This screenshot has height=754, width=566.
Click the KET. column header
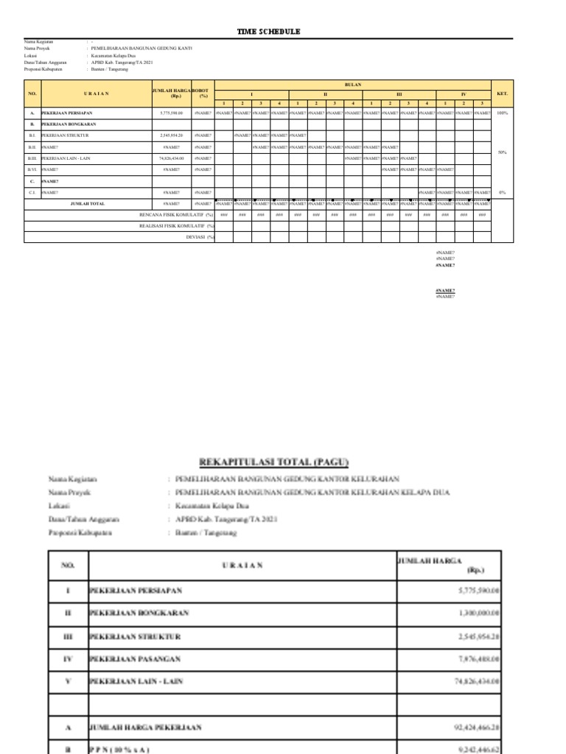(x=502, y=94)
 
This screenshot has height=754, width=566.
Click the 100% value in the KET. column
(x=502, y=113)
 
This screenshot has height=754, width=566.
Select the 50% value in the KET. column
(x=502, y=152)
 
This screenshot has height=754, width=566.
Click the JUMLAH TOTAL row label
(x=87, y=203)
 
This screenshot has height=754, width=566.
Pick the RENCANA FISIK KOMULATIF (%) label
(x=176, y=214)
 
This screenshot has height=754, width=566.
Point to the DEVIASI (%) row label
(x=199, y=237)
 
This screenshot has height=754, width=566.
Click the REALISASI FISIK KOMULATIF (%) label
(x=176, y=226)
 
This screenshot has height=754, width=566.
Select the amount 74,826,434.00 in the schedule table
(x=171, y=158)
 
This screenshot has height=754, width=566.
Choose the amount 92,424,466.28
(x=472, y=727)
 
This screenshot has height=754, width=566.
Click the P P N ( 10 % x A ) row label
(x=122, y=749)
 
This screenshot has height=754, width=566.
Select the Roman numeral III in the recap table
(x=67, y=635)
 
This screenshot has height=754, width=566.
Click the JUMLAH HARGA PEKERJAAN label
(x=145, y=727)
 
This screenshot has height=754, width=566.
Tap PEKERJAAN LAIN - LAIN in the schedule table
(x=66, y=158)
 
